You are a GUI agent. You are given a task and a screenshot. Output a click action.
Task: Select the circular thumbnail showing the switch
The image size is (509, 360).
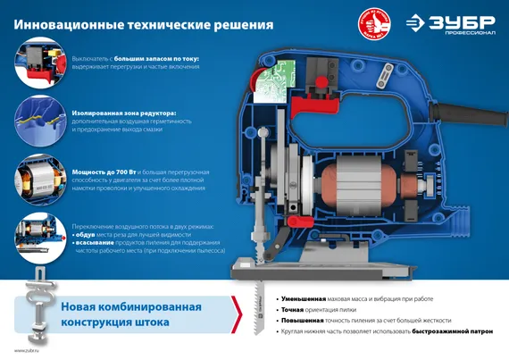(37, 63)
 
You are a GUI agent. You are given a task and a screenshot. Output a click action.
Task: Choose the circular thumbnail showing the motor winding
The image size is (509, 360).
(37, 175)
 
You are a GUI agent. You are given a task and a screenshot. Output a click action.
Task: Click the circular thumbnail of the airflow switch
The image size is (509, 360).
(37, 231)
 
